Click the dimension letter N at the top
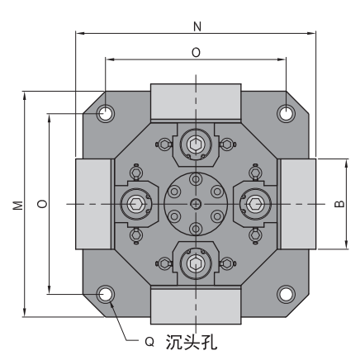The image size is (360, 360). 197,26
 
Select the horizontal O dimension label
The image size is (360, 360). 196,52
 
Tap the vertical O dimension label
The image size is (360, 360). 42,204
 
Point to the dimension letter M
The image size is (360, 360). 18,206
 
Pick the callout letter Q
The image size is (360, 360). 149,342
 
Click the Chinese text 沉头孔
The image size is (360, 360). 192,342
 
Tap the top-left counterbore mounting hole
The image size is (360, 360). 106,113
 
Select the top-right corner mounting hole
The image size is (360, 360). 286,113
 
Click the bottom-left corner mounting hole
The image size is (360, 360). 106,294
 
